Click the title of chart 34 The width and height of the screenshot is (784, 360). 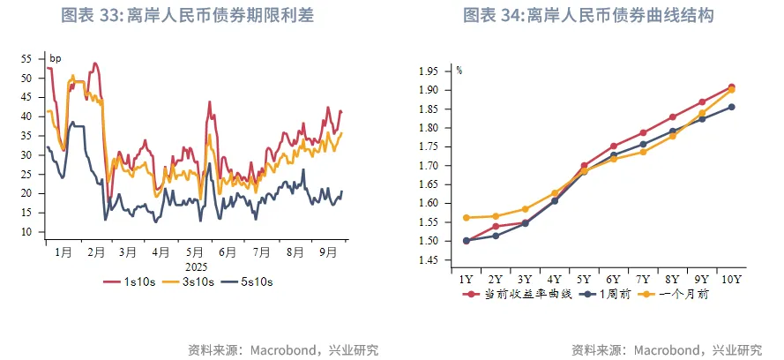[588, 16]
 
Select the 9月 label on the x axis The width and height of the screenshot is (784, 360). [328, 251]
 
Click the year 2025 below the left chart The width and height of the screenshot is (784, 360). [196, 265]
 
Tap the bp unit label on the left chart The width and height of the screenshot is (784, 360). [55, 59]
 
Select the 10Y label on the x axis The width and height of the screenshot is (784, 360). [732, 279]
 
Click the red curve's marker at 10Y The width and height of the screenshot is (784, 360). [732, 87]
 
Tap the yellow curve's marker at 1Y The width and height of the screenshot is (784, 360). [467, 218]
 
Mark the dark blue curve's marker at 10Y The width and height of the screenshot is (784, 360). [732, 107]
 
